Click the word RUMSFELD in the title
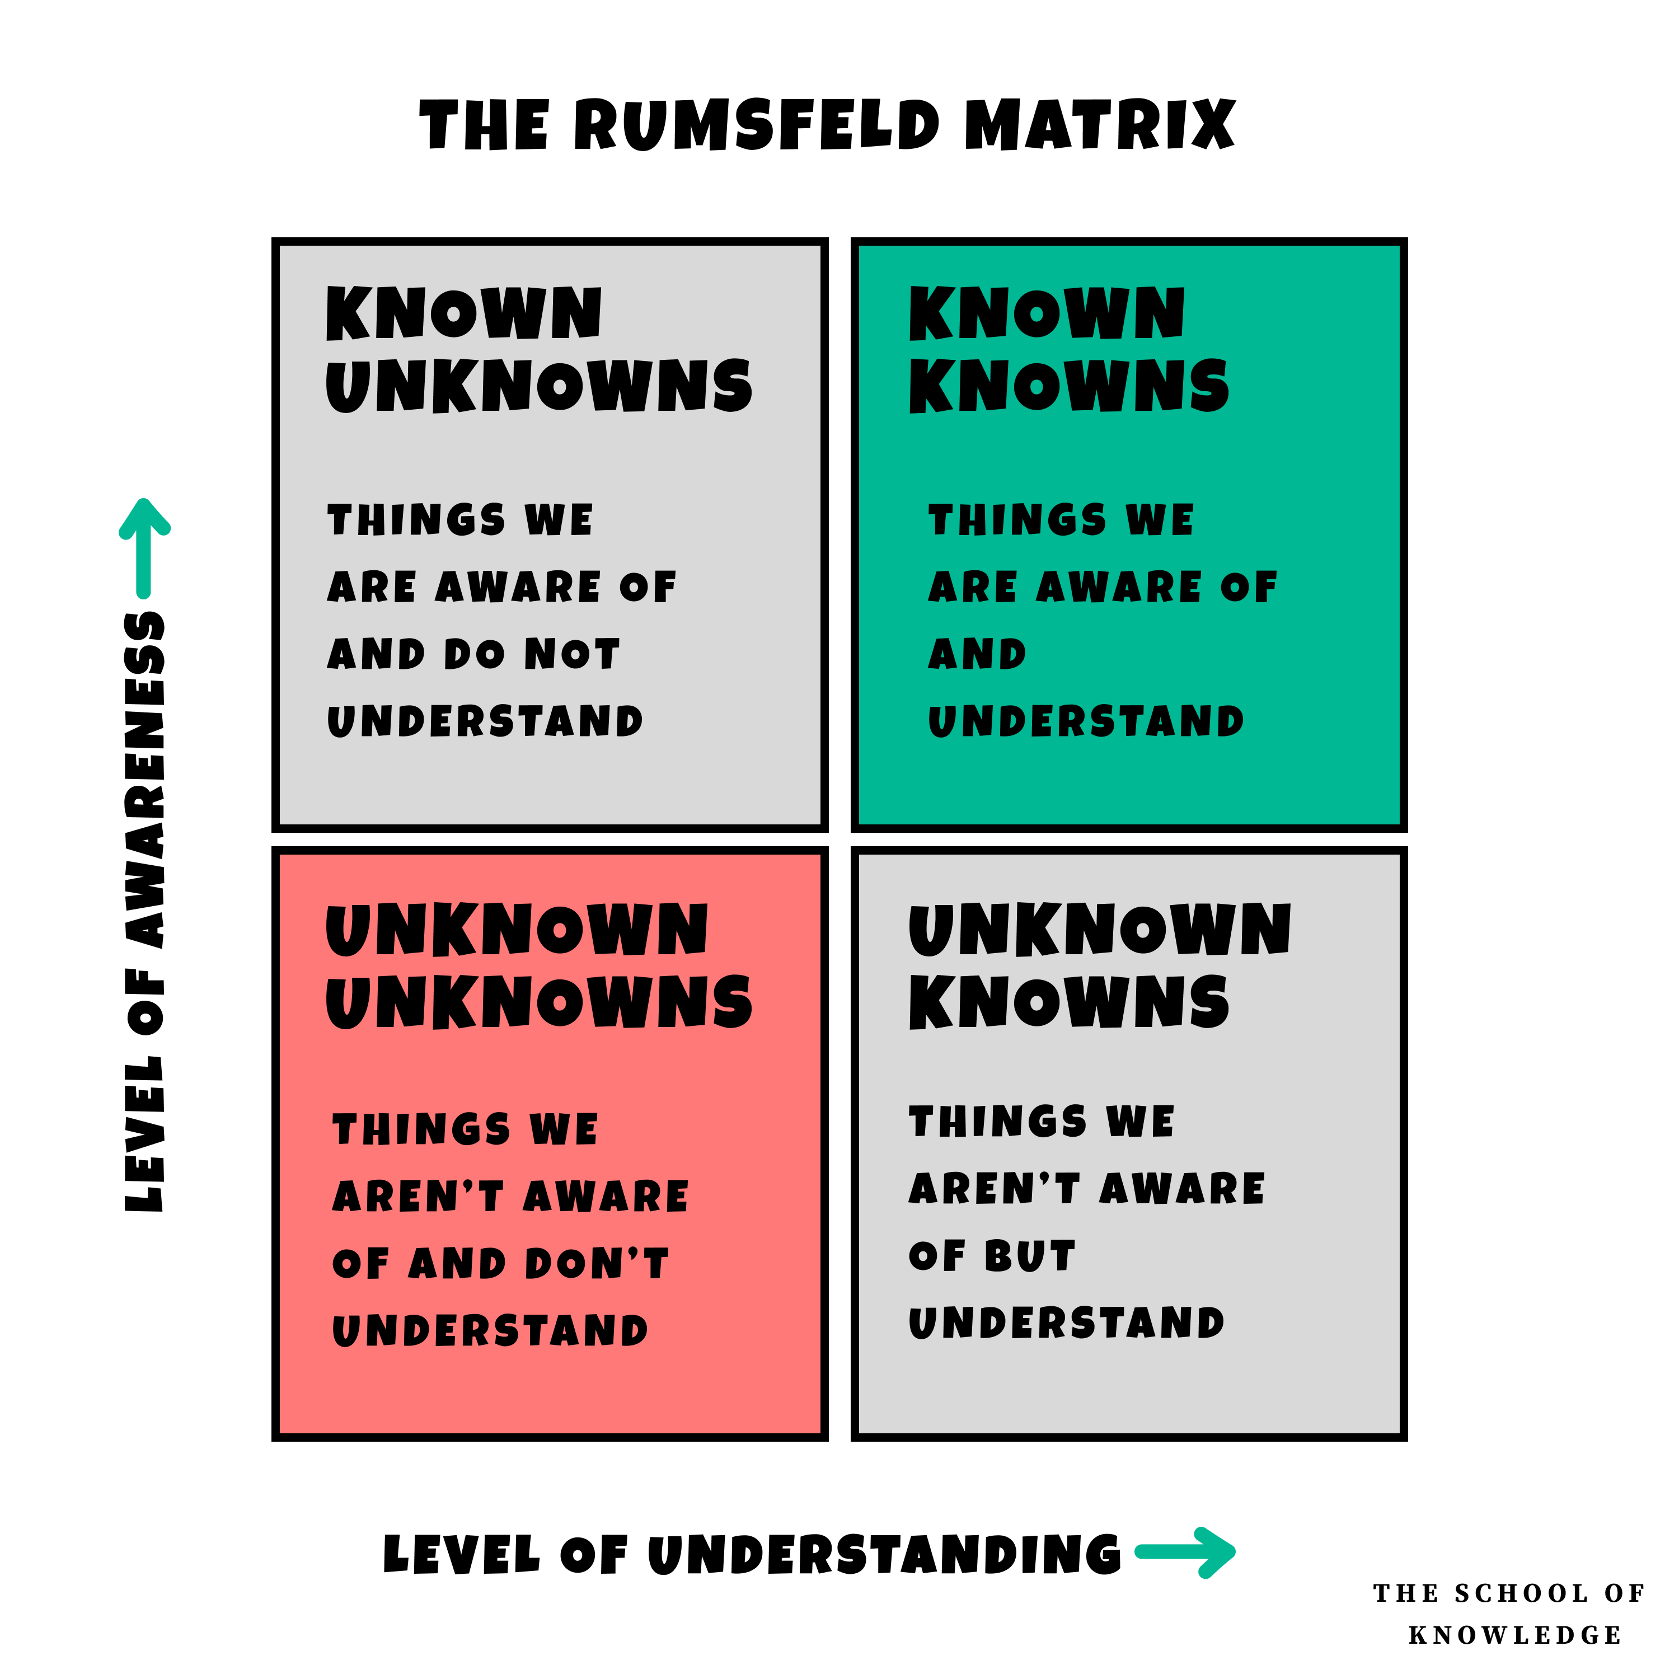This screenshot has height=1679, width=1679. click(756, 124)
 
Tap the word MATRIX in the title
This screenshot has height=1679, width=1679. click(1099, 124)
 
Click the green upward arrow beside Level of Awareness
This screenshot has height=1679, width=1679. click(144, 547)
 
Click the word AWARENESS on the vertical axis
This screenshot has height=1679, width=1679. click(144, 778)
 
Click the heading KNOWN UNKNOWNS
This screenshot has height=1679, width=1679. click(539, 349)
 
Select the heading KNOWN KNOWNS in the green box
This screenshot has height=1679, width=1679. click(1069, 349)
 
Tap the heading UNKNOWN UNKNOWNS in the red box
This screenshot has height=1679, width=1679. click(539, 965)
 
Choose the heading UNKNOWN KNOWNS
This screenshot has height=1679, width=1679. click(1099, 965)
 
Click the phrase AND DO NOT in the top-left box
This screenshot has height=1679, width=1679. click(473, 654)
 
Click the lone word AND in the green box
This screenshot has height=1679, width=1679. click(978, 654)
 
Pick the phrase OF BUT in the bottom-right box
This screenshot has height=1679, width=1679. click(992, 1256)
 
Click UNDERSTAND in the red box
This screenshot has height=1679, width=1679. click(490, 1330)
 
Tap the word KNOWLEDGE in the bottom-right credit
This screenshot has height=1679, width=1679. click(1515, 1635)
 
